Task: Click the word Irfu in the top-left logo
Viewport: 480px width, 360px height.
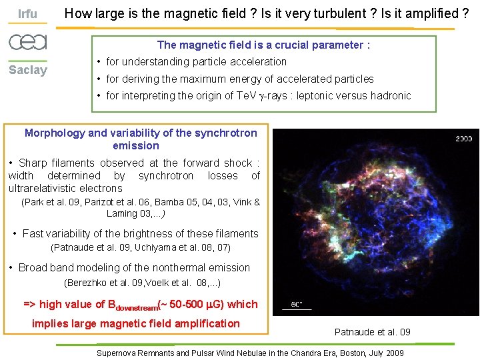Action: [27, 14]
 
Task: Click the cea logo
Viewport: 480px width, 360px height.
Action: [27, 42]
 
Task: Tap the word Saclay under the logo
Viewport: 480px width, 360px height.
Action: [27, 70]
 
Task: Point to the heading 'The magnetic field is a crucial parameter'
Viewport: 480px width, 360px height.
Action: [263, 45]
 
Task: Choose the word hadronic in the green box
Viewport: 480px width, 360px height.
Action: [388, 95]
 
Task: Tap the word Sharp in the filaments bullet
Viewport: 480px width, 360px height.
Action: [34, 163]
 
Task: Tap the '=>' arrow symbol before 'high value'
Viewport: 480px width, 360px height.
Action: [29, 304]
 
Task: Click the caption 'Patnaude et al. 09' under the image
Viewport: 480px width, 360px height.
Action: [372, 331]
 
